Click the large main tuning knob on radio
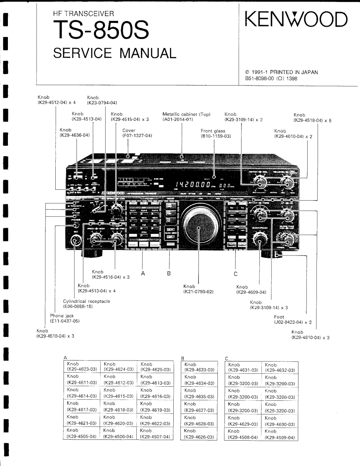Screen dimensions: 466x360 coord(199,228)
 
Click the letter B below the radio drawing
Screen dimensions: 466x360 coord(169,274)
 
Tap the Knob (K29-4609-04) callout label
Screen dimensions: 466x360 coord(252,289)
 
